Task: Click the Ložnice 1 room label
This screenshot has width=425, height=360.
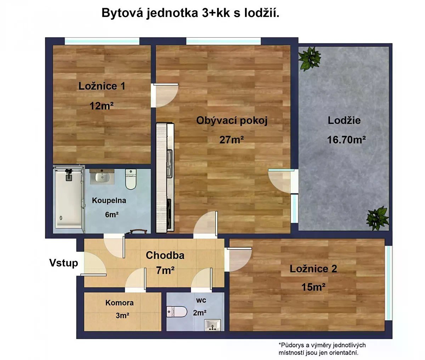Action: coord(102,86)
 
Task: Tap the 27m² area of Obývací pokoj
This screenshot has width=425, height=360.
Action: coord(232,140)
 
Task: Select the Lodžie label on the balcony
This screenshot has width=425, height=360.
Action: coord(344,120)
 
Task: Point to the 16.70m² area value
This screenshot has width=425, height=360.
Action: coord(346,140)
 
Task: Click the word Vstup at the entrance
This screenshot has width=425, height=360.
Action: coord(63,263)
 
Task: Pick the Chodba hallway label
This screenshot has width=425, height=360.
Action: coord(165,255)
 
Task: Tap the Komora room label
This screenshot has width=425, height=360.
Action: coord(119,303)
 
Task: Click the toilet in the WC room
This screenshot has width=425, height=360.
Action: coord(176,311)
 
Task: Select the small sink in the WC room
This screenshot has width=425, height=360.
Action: coord(212,325)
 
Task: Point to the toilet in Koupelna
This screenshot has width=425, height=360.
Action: coord(131,179)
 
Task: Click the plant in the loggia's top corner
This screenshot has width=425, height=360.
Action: coord(310,58)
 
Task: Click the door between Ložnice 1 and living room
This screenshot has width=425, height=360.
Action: coord(164,95)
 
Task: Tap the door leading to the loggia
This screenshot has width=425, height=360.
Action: coord(281,181)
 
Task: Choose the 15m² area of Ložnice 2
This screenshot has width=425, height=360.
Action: coord(313,287)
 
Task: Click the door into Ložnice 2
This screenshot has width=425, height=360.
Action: coord(238,260)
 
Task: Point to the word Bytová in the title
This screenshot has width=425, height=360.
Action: coord(122,13)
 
